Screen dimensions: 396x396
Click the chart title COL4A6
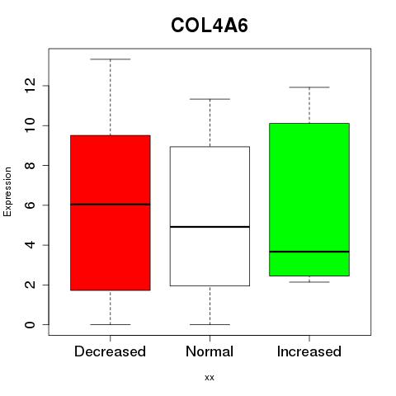point(210,26)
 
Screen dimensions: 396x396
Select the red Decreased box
point(111,213)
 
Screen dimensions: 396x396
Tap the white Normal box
point(210,216)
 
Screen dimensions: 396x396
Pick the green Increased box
point(309,200)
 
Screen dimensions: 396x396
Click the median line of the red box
point(111,205)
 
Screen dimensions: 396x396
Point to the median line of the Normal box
point(210,227)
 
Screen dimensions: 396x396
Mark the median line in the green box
point(309,252)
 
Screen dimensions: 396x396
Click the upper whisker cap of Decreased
point(111,59)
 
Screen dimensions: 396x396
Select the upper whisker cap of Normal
point(210,99)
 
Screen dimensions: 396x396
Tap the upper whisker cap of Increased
point(309,87)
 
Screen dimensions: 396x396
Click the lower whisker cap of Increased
point(309,282)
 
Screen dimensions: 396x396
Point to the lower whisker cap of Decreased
point(111,324)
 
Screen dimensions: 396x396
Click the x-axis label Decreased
point(110,351)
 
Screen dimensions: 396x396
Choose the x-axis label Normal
point(210,351)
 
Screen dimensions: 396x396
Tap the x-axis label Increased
point(309,351)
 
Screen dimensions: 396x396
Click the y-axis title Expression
point(7,191)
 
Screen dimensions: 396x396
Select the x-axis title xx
point(210,378)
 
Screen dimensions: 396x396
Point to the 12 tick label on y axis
point(31,86)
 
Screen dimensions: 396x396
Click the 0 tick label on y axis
point(31,325)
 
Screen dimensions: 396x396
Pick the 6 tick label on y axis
point(31,205)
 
